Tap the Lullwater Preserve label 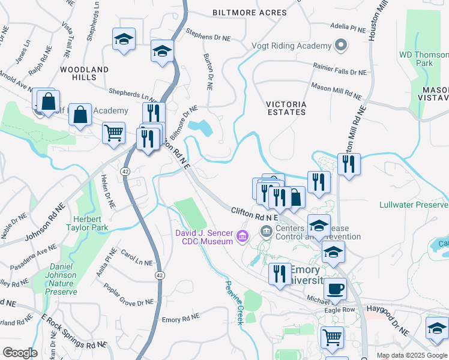click(414, 205)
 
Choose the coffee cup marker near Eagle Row click(335, 289)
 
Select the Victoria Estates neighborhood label click(286, 108)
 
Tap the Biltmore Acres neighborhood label click(241, 13)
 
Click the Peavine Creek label click(234, 303)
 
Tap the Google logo click(20, 353)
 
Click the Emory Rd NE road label click(181, 320)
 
